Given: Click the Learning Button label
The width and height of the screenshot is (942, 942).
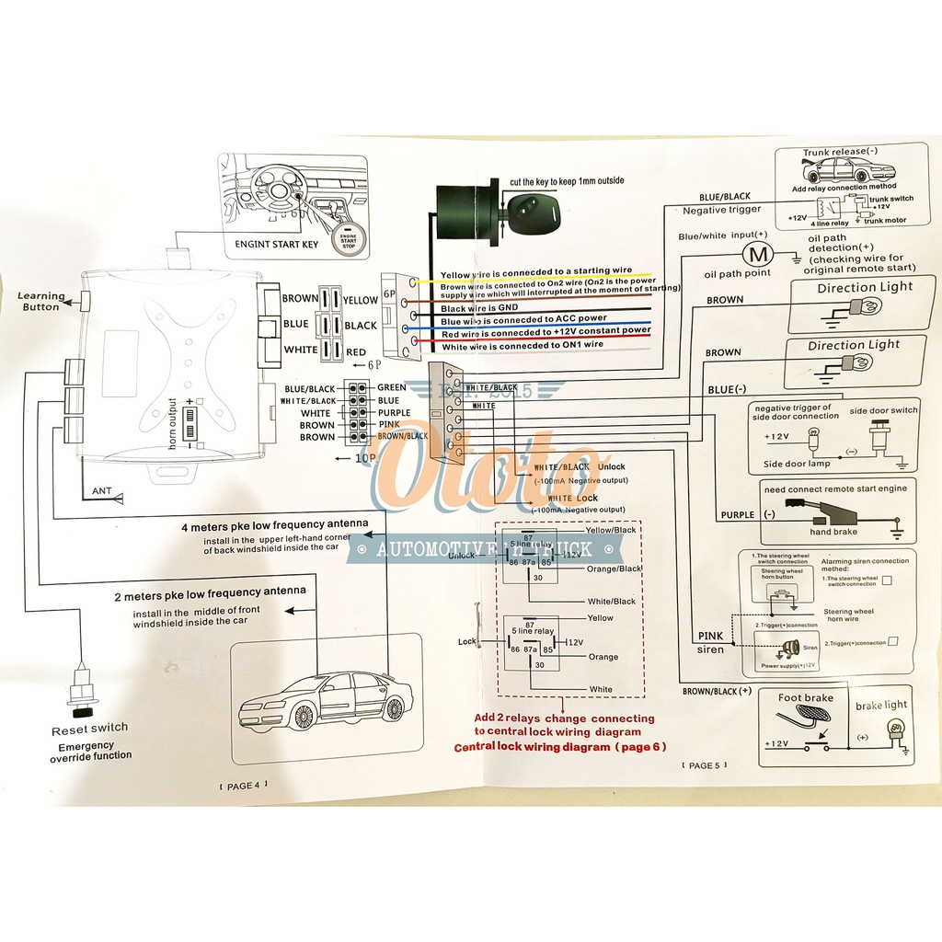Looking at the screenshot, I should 42,302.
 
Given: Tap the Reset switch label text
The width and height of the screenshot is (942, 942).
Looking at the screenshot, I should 89,728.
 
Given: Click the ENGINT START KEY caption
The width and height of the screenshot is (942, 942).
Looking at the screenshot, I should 277,245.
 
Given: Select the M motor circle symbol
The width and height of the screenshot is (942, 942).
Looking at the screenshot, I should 757,252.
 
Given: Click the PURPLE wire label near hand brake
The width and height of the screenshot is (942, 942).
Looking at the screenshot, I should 737,515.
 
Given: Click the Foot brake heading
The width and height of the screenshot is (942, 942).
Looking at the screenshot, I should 805,698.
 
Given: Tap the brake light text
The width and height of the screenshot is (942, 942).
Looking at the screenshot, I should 881,705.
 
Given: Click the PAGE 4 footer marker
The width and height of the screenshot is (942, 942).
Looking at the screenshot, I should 238,785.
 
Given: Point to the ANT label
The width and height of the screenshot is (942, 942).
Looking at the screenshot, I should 101,491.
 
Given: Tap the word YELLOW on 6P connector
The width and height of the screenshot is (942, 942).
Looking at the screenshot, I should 360,300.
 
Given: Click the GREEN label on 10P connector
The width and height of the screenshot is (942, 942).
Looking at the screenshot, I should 392,387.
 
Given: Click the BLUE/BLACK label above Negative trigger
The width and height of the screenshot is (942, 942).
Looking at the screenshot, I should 725,197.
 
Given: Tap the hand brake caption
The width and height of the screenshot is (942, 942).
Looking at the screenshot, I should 833,532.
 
